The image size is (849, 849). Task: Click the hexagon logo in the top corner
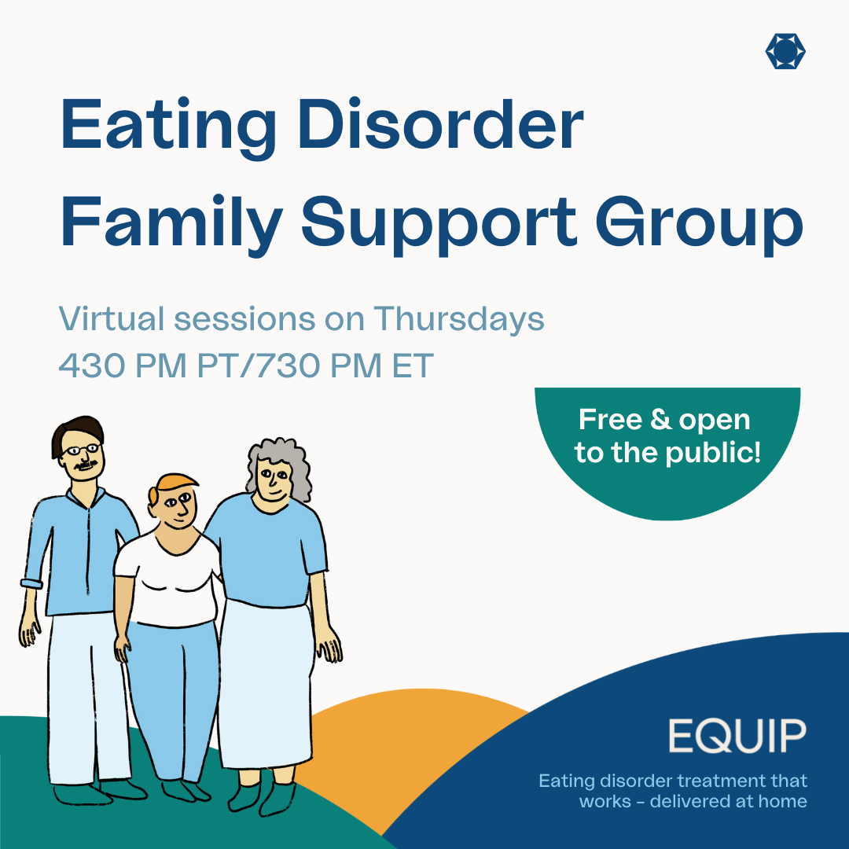click(x=785, y=51)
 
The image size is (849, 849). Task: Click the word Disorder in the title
click(x=440, y=124)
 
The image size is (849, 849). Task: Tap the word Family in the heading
click(x=171, y=223)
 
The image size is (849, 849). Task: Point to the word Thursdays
click(x=458, y=319)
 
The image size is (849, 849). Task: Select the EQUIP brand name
click(x=737, y=736)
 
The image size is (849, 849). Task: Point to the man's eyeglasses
click(x=81, y=450)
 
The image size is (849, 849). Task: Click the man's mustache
click(x=86, y=465)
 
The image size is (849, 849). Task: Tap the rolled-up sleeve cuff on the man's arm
click(x=32, y=583)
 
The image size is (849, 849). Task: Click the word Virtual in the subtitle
click(x=111, y=318)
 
